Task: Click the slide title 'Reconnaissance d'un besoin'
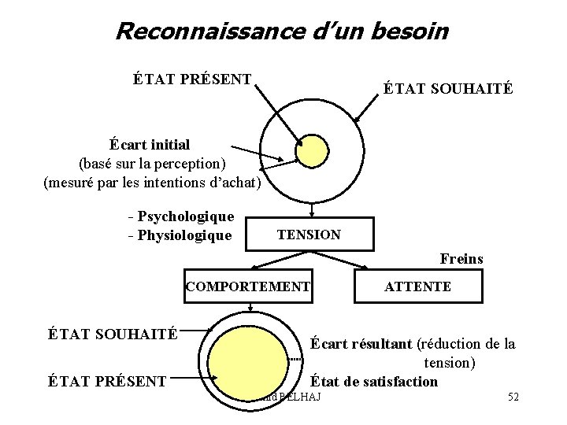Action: [282, 31]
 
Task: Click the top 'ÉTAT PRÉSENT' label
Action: [193, 79]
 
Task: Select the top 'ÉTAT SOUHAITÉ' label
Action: [449, 89]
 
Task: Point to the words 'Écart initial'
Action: [150, 145]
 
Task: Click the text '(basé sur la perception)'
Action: [152, 164]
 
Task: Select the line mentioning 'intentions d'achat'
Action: [152, 184]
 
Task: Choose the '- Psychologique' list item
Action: [180, 216]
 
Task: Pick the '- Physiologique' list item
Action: [180, 235]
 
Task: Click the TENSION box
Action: [309, 235]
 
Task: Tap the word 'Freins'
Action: [461, 258]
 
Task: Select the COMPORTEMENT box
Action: [248, 286]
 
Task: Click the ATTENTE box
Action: [417, 286]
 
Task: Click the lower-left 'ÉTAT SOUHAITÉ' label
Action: [113, 333]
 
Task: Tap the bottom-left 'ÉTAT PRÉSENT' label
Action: [107, 382]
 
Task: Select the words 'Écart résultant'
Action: [361, 343]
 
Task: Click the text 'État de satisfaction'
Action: [374, 382]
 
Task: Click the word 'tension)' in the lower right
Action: [450, 363]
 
